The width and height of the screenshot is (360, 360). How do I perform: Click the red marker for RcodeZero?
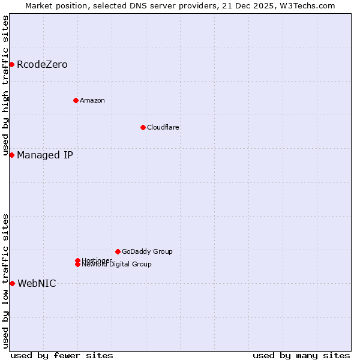(11, 64)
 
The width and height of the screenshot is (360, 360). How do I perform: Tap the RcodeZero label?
(42, 64)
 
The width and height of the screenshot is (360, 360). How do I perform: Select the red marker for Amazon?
(76, 100)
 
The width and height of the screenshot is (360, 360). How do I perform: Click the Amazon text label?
(92, 100)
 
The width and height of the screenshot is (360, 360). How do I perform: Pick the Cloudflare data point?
(143, 127)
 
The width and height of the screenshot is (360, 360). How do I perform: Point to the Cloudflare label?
(163, 127)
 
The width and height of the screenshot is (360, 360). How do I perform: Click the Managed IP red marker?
(11, 155)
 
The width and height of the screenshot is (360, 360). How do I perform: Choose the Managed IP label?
(45, 155)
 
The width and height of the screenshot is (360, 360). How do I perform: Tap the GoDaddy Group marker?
(118, 251)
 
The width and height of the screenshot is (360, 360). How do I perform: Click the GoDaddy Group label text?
(147, 251)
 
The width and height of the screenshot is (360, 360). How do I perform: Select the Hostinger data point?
(77, 260)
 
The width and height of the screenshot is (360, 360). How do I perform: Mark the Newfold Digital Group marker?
(77, 265)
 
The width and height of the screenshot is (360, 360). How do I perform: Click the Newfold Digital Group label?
(117, 265)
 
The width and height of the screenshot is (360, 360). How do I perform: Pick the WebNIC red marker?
(11, 283)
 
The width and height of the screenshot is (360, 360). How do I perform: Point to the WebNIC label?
(37, 283)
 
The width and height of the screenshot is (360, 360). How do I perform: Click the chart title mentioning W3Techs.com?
(180, 5)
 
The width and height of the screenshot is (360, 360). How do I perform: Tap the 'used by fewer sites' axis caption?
(62, 355)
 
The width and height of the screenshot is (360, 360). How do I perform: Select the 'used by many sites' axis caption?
(301, 355)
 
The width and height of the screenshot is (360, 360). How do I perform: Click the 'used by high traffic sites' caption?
(5, 86)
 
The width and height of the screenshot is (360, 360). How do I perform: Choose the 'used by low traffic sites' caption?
(5, 281)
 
